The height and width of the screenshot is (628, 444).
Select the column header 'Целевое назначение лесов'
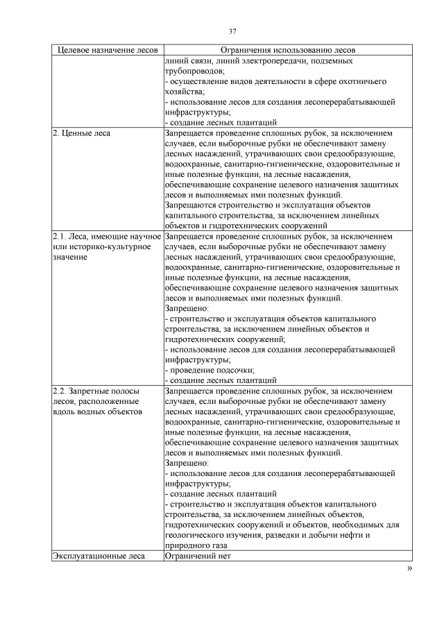(x=108, y=51)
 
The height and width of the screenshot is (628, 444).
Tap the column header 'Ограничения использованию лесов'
(x=287, y=51)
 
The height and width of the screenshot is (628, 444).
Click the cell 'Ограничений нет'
(x=196, y=556)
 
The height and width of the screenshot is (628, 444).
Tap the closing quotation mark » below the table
(x=409, y=568)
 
